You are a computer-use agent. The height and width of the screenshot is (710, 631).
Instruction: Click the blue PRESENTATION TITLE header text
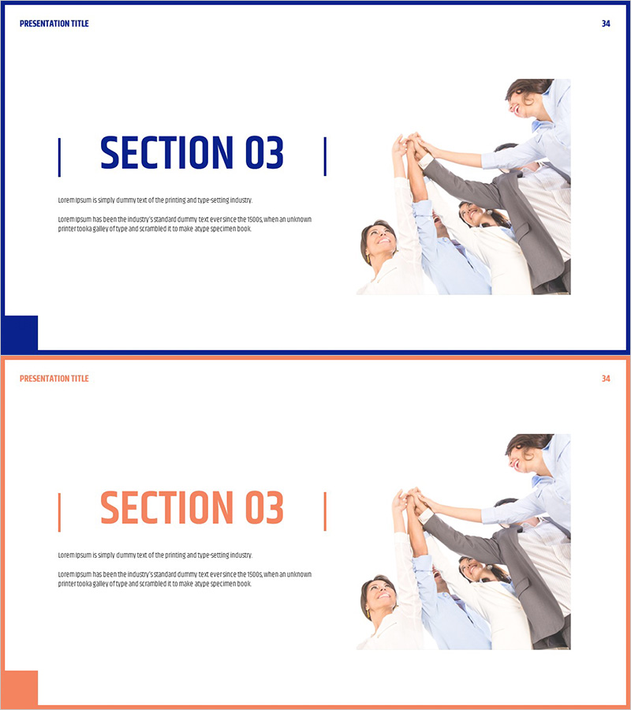(54, 24)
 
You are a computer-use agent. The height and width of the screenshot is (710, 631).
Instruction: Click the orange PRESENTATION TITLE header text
(54, 379)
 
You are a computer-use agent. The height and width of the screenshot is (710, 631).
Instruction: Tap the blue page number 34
(606, 24)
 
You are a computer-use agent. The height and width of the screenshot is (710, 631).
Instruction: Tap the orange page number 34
(606, 379)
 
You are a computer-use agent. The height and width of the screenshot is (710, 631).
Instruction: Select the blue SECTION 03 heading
(192, 152)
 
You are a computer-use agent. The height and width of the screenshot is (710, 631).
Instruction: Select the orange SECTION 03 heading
(192, 507)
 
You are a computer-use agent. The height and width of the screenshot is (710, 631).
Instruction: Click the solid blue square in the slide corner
(20, 333)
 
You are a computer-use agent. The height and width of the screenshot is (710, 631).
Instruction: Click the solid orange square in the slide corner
(20, 688)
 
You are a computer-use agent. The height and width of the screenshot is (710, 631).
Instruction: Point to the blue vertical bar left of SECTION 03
(59, 157)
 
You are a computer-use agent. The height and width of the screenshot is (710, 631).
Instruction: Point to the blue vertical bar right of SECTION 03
(325, 157)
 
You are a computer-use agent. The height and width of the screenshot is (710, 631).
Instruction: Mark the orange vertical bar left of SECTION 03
(59, 512)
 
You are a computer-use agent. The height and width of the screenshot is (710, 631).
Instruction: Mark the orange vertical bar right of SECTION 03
(325, 512)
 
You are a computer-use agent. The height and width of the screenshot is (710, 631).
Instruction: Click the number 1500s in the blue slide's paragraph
(255, 219)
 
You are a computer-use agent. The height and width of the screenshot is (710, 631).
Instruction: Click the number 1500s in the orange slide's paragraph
(255, 574)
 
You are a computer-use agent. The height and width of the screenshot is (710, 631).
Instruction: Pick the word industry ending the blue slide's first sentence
(241, 200)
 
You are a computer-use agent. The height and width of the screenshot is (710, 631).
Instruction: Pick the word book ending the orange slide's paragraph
(244, 584)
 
